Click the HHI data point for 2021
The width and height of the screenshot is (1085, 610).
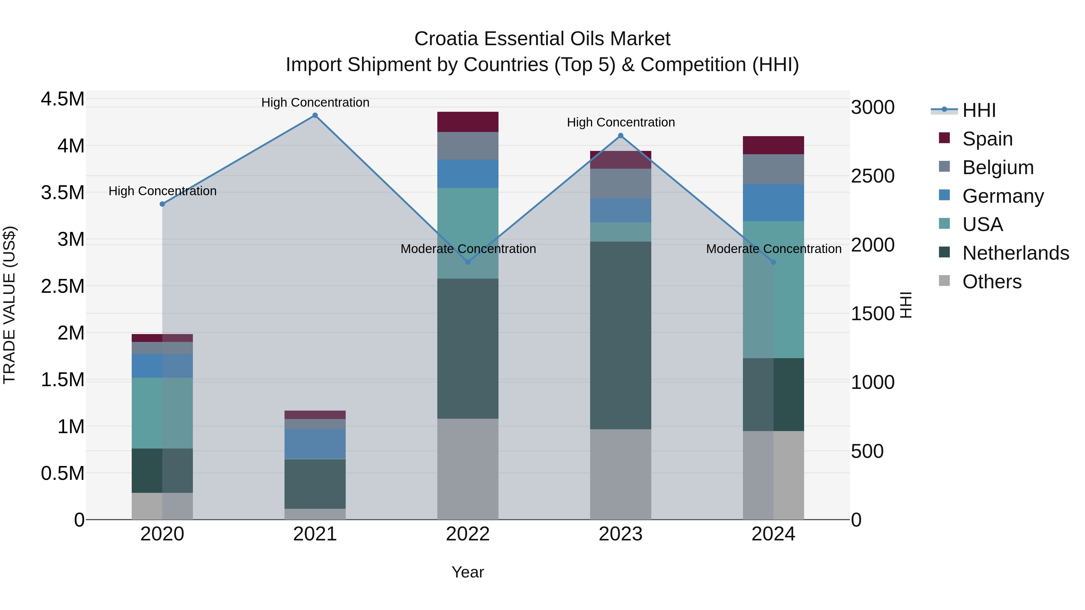(315, 115)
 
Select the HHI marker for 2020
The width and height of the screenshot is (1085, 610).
(162, 204)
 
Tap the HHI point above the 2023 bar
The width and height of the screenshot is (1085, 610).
(621, 136)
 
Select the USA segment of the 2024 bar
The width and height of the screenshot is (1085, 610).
(773, 289)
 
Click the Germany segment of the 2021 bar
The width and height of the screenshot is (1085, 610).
(315, 444)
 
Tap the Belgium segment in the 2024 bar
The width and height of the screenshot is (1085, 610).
(773, 169)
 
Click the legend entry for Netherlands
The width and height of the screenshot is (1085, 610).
(1015, 253)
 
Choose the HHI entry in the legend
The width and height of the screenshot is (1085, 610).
(979, 110)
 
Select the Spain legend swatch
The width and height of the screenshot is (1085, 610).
(944, 138)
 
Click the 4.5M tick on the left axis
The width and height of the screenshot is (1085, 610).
(62, 99)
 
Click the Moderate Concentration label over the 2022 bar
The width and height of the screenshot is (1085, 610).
(468, 249)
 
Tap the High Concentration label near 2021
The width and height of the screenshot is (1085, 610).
(315, 102)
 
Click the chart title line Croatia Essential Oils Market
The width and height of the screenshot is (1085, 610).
(542, 39)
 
